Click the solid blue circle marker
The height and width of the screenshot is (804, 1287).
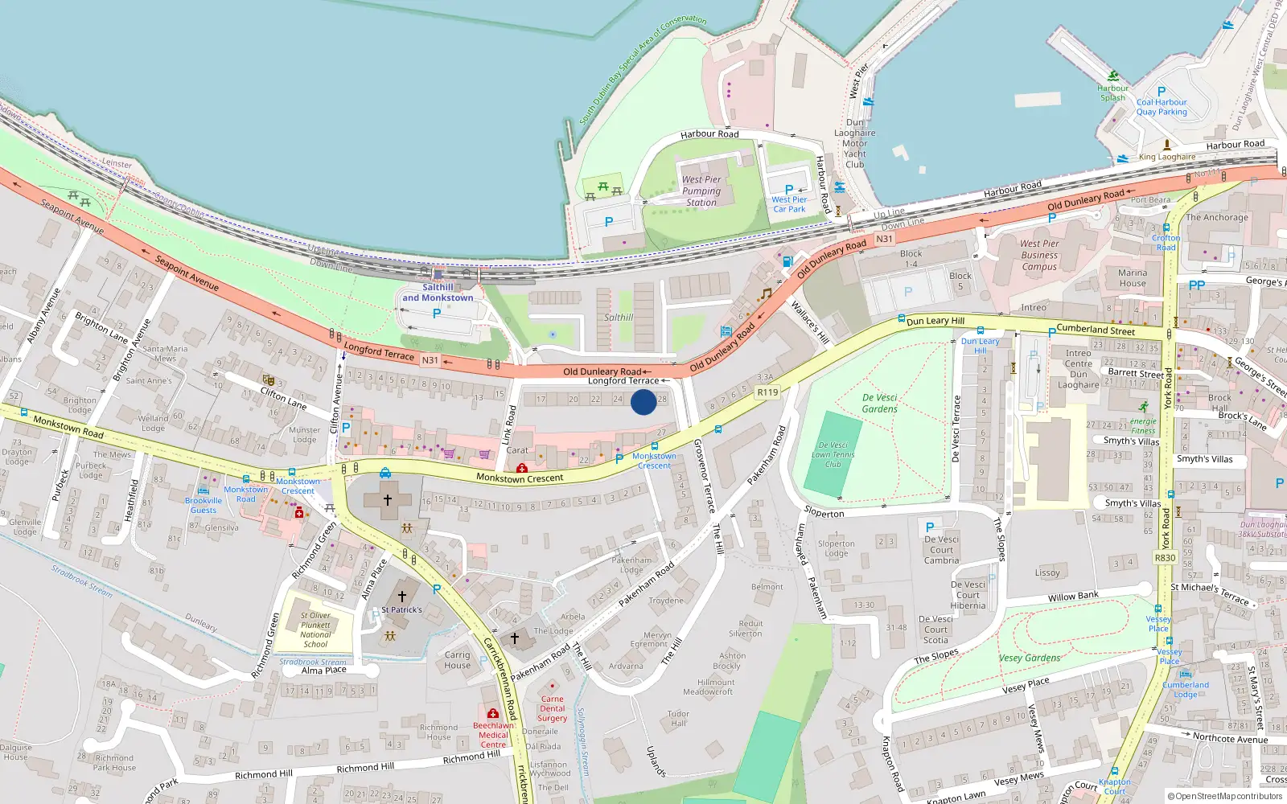point(643,402)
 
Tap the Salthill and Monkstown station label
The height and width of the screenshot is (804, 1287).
point(438,293)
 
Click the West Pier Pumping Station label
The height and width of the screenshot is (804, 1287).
point(701,191)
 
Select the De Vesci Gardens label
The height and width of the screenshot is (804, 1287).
point(879,403)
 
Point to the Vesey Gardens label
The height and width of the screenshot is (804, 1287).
point(1030,658)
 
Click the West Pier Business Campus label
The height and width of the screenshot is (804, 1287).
point(1039,255)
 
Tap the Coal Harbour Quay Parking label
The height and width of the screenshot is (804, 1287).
point(1162,107)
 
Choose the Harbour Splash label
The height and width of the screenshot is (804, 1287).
point(1113,93)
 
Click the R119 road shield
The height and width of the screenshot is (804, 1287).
point(768,392)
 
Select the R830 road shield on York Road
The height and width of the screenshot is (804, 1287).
point(1165,557)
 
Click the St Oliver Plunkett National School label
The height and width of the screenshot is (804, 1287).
point(315,630)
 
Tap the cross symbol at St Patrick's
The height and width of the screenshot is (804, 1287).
point(402,596)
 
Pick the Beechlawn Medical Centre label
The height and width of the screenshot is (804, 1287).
point(493,735)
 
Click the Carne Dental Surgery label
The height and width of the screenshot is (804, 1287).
point(553,708)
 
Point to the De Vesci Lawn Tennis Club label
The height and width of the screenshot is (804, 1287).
point(833,454)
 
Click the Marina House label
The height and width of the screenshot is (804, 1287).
point(1133,277)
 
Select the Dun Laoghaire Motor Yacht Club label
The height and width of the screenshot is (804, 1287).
point(855,143)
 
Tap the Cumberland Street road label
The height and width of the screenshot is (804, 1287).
point(1096,330)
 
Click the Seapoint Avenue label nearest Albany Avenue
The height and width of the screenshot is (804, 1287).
point(72,216)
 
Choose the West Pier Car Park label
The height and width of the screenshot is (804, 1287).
point(789,204)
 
